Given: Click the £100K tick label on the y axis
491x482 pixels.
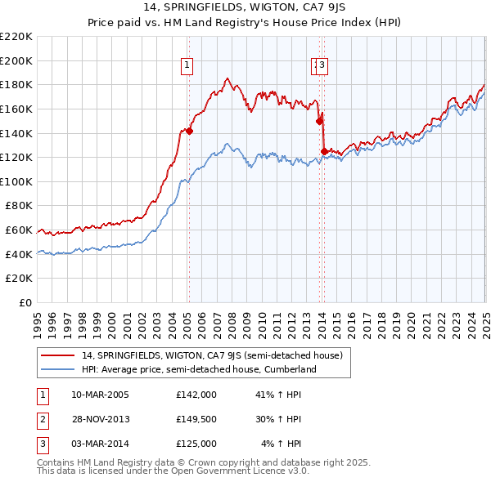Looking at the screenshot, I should click(16, 181).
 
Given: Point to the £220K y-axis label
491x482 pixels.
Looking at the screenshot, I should click(16, 36).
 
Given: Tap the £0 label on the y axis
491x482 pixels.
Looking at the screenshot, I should click(25, 302).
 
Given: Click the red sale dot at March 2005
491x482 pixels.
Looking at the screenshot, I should click(189, 131).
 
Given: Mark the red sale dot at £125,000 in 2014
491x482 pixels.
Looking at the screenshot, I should click(324, 151).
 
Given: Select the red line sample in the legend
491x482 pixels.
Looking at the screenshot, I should click(58, 355).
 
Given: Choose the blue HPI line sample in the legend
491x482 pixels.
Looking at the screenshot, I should click(58, 369).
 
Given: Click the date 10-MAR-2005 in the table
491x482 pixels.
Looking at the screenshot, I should click(100, 395).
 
